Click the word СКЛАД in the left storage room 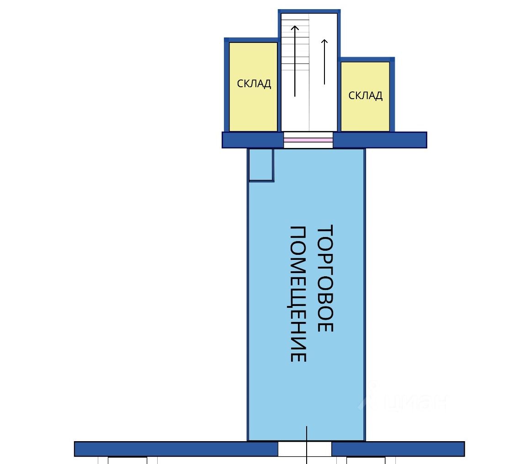254,84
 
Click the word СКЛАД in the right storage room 365,95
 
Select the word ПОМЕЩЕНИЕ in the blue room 298,294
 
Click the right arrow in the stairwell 324,62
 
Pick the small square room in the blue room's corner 261,164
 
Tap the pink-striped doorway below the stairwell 308,140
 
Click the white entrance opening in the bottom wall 304,449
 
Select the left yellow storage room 253,110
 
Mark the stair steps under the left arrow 295,46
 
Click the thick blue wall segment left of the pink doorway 253,140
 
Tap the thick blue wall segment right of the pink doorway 380,140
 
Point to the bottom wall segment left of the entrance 176,448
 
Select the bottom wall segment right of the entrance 398,448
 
